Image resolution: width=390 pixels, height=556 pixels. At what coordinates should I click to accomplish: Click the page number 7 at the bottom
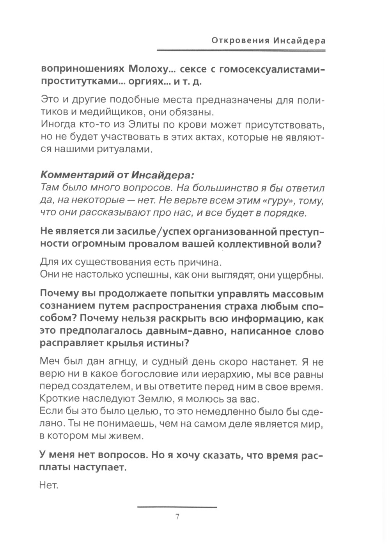[x=177, y=517]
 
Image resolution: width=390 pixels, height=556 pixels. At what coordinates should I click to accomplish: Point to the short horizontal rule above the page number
[x=177, y=507]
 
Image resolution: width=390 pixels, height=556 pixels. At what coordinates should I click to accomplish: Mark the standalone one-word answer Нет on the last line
[x=49, y=486]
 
